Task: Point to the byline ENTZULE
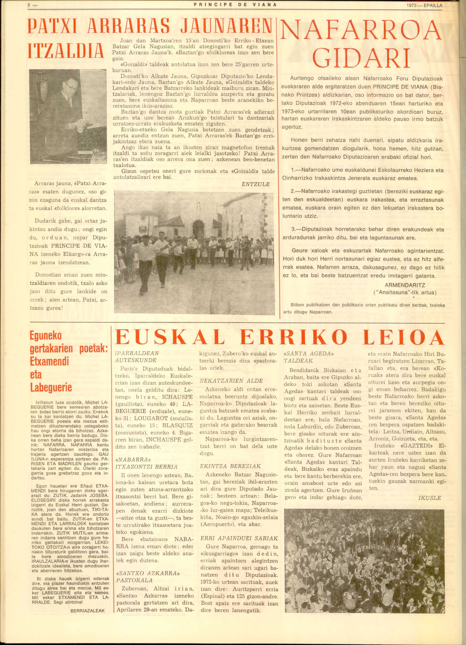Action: coord(255,184)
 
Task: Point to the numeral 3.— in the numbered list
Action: coord(296,229)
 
